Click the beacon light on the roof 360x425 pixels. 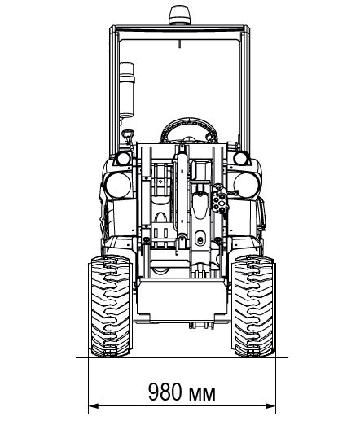(178, 15)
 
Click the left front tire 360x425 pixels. (111, 305)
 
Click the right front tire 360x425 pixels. (254, 305)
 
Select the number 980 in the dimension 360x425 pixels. (165, 392)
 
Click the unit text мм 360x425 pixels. (202, 394)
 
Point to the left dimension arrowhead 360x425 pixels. (93, 406)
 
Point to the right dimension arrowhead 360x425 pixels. (270, 406)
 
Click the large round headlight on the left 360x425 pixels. (118, 185)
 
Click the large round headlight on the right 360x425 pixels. (247, 185)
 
